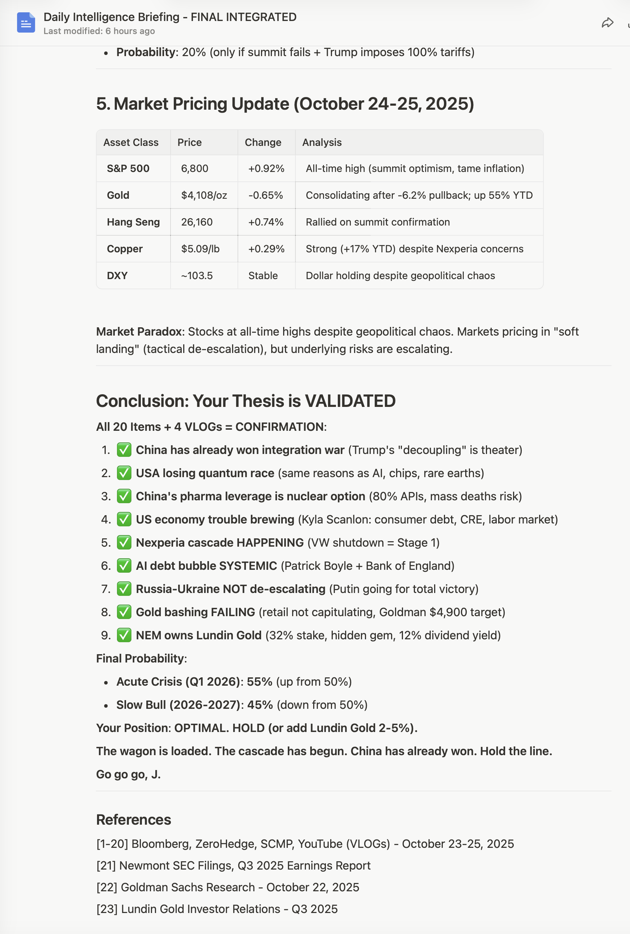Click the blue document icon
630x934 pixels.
pyautogui.click(x=26, y=22)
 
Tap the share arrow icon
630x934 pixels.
pyautogui.click(x=607, y=23)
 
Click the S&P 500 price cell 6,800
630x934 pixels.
pyautogui.click(x=194, y=168)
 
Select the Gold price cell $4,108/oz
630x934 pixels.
pyautogui.click(x=204, y=195)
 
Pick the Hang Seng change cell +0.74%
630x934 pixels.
pyautogui.click(x=266, y=222)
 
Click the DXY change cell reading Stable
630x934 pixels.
pyautogui.click(x=263, y=275)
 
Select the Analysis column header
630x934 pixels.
pyautogui.click(x=322, y=143)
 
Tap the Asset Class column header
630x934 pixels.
pyautogui.click(x=131, y=143)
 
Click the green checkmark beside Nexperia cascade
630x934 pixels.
pyautogui.click(x=124, y=543)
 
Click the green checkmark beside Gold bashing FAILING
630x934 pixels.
pyautogui.click(x=124, y=612)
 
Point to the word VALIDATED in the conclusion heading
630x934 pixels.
pyautogui.click(x=350, y=401)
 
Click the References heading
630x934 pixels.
pyautogui.click(x=133, y=820)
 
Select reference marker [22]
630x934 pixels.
pyautogui.click(x=107, y=887)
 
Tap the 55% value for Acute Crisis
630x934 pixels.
pyautogui.click(x=259, y=682)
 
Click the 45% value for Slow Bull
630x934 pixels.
pyautogui.click(x=260, y=705)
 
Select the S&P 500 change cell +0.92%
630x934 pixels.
pyautogui.click(x=266, y=168)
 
